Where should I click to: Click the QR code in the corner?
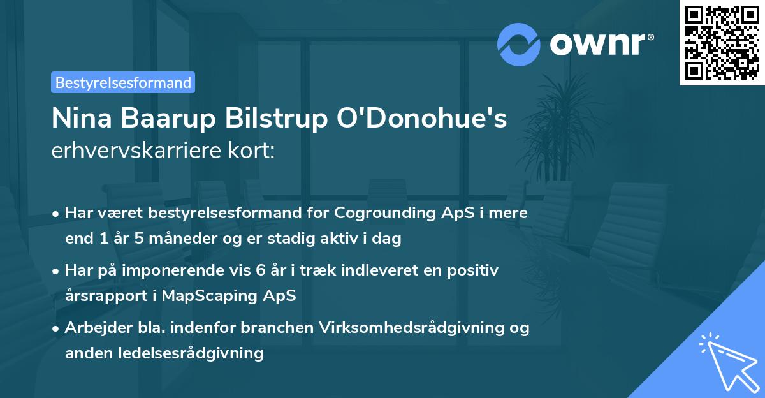[722, 43]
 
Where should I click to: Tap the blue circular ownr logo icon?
[519, 45]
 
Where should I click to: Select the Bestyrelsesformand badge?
[123, 82]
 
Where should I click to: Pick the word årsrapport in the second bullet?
[104, 295]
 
